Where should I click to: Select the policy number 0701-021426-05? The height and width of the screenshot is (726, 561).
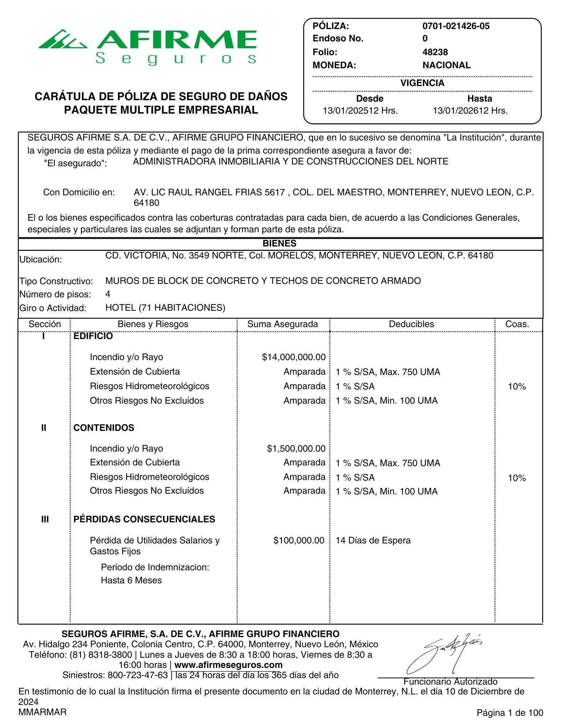[x=456, y=26]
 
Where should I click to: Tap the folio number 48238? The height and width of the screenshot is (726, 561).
[x=435, y=52]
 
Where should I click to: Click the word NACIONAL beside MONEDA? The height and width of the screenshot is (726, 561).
[x=446, y=65]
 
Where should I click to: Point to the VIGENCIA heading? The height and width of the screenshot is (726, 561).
[x=422, y=83]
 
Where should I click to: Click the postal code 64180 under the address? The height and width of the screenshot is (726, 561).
[x=146, y=203]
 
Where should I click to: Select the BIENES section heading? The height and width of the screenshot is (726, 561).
[x=279, y=244]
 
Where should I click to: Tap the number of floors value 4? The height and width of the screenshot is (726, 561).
[x=108, y=294]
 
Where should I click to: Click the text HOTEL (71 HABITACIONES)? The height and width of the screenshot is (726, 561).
[x=165, y=308]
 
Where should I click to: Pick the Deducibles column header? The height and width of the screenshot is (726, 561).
[x=411, y=324]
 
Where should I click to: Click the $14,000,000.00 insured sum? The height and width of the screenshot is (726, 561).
[x=294, y=357]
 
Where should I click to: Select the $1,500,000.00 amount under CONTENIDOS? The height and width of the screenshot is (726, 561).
[x=296, y=449]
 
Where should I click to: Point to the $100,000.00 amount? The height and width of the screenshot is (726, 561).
[x=299, y=541]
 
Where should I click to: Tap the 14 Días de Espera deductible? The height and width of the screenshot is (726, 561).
[x=373, y=541]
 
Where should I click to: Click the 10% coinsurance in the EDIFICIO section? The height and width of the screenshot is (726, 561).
[x=517, y=387]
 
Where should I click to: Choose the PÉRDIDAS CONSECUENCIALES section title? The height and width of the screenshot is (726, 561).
[x=144, y=519]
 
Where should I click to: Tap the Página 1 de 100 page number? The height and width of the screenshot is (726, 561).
[x=510, y=713]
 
